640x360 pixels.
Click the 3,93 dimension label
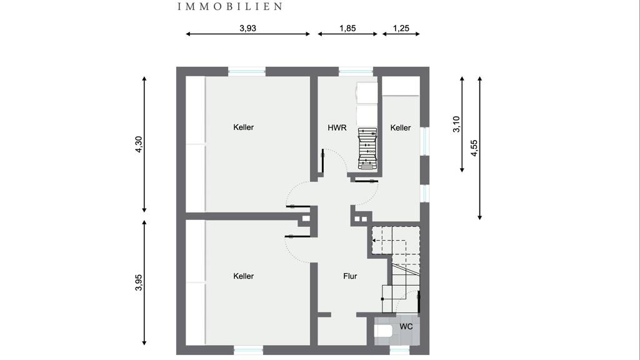point(247,28)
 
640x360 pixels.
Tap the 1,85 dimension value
point(347,28)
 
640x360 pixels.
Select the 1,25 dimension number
point(401,28)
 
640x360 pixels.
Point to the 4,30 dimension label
point(138,144)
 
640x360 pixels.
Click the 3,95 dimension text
point(138,282)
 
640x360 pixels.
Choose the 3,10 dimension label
point(456,124)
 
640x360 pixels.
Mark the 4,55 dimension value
point(474,147)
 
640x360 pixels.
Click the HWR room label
point(337,127)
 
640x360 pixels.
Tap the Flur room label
point(350,276)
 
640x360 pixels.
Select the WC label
point(406,326)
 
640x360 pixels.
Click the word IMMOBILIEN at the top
point(230,6)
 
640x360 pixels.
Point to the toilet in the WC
point(383,331)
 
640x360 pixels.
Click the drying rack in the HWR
point(367,148)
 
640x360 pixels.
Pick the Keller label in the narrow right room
point(401,127)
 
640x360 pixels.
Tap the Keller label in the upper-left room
point(244,127)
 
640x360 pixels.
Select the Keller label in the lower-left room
point(244,276)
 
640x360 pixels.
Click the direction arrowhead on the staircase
point(374,241)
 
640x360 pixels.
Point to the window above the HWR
point(356,71)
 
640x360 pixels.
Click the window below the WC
point(399,350)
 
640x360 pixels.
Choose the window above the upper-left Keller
point(246,71)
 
